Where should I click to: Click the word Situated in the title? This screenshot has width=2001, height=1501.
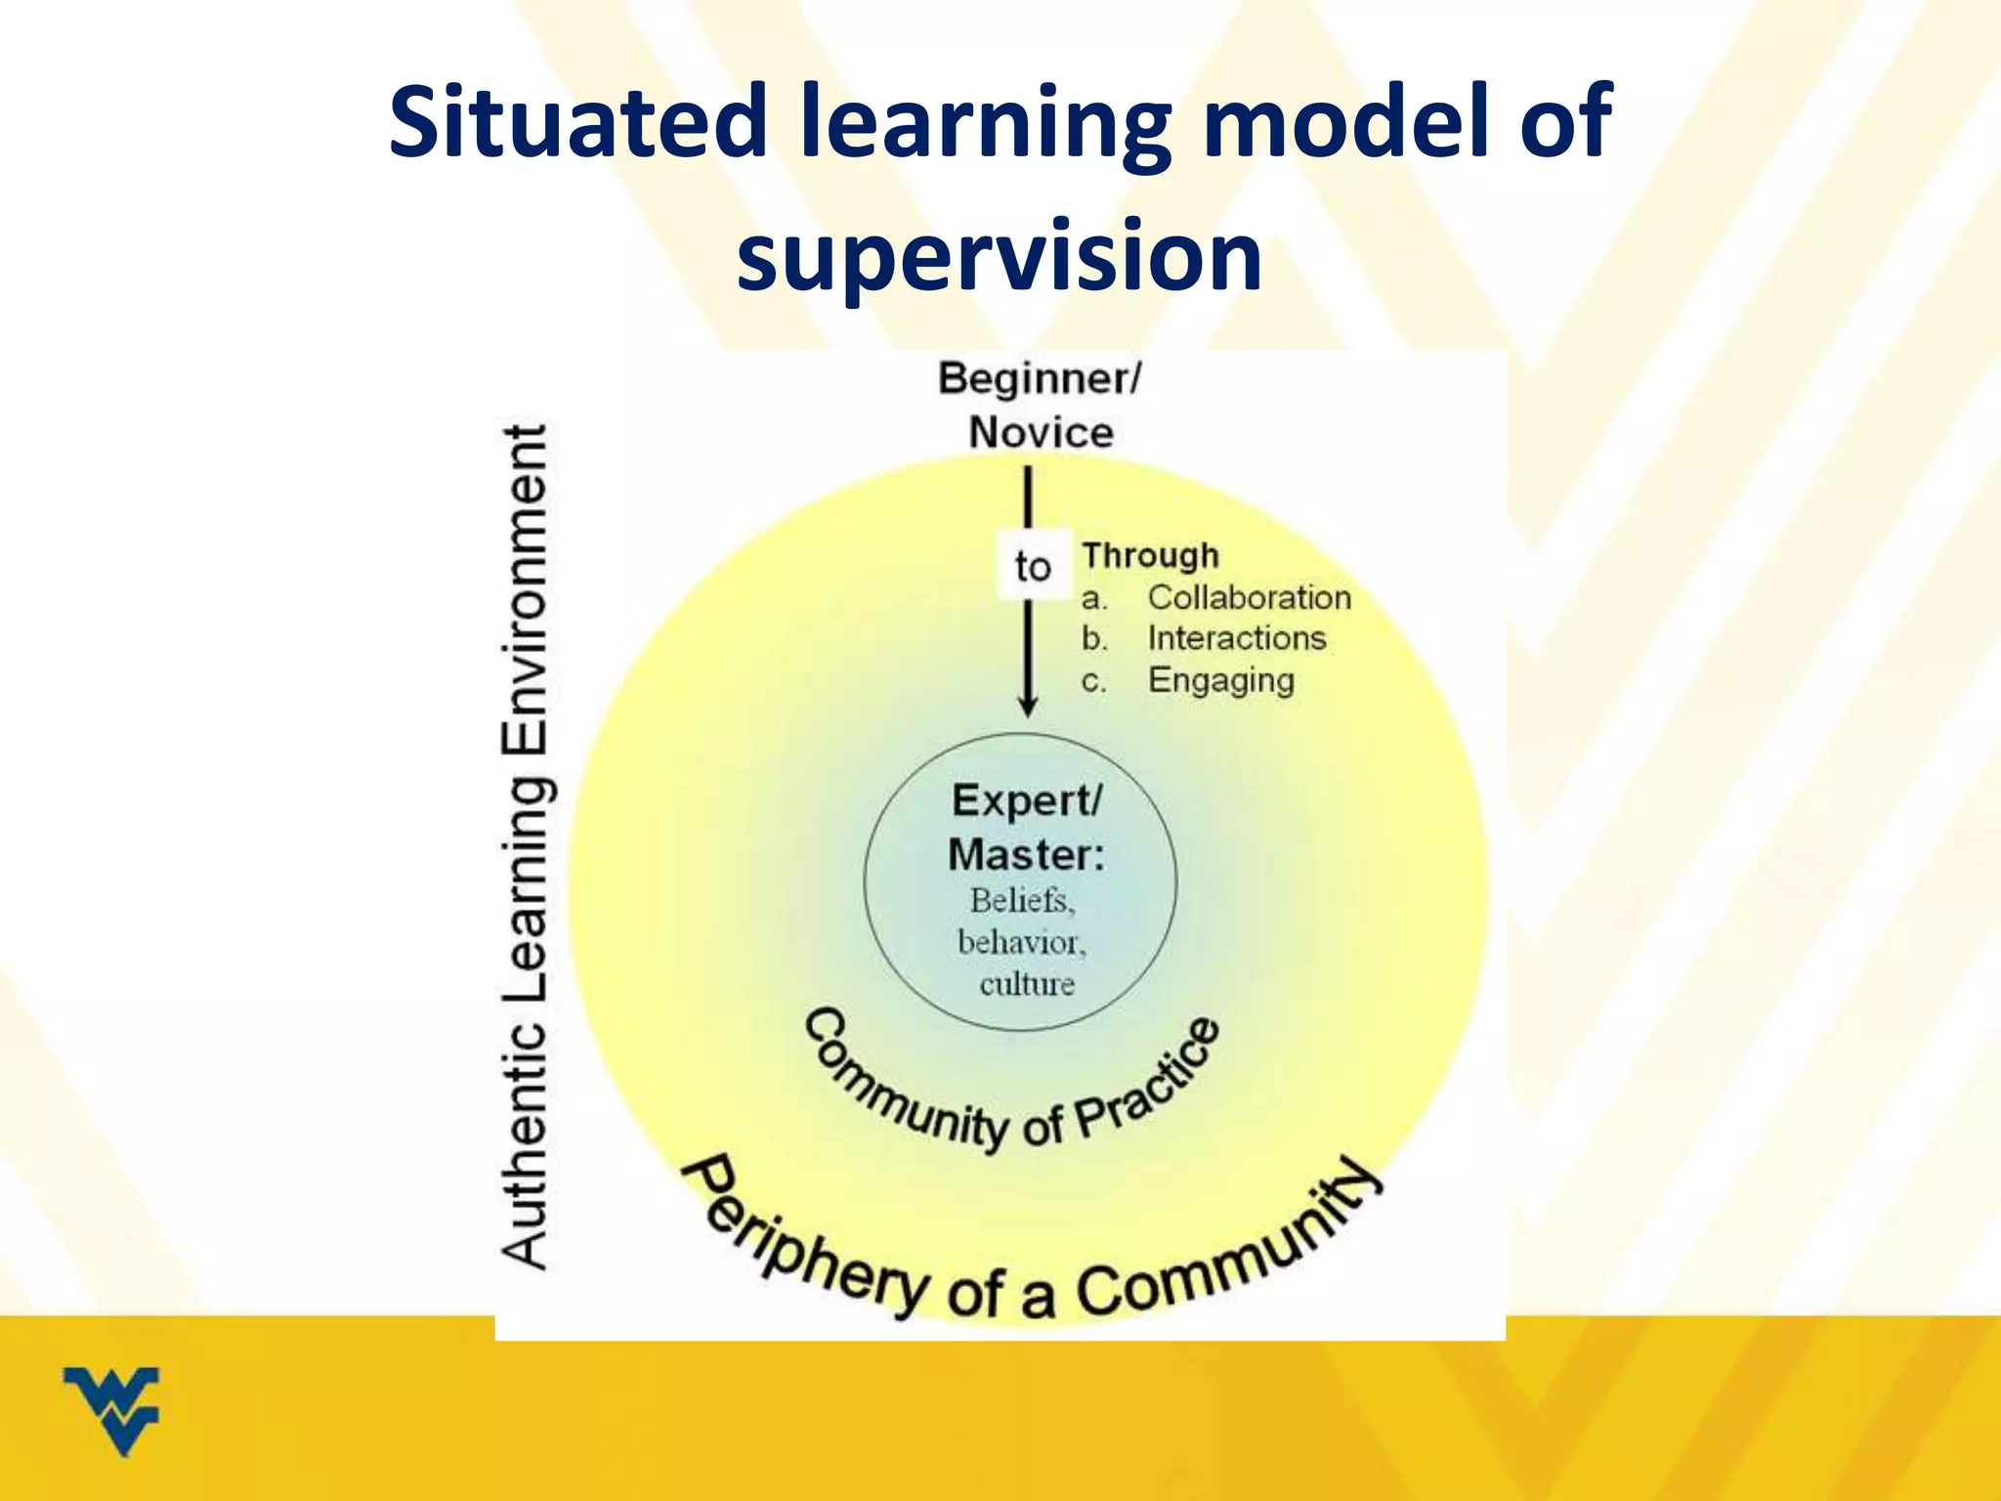(x=576, y=122)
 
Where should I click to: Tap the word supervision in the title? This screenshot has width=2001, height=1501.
(x=999, y=256)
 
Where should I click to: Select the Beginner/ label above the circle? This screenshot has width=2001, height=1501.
(x=1040, y=379)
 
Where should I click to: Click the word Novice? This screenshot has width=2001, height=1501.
(x=1041, y=433)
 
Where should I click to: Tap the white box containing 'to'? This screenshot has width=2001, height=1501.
(x=1033, y=566)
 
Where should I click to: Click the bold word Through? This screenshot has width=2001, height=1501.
(x=1150, y=555)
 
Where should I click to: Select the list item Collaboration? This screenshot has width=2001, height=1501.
(x=1249, y=597)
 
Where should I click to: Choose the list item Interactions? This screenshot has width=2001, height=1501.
(x=1236, y=638)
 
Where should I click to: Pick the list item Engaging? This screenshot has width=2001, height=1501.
(x=1220, y=680)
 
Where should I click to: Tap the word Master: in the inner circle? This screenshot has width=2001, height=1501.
(x=1026, y=855)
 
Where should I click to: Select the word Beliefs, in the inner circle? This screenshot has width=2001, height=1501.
(x=1023, y=901)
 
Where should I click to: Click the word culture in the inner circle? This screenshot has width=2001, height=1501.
(x=1027, y=984)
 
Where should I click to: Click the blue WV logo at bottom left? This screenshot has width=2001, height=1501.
(x=111, y=1408)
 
